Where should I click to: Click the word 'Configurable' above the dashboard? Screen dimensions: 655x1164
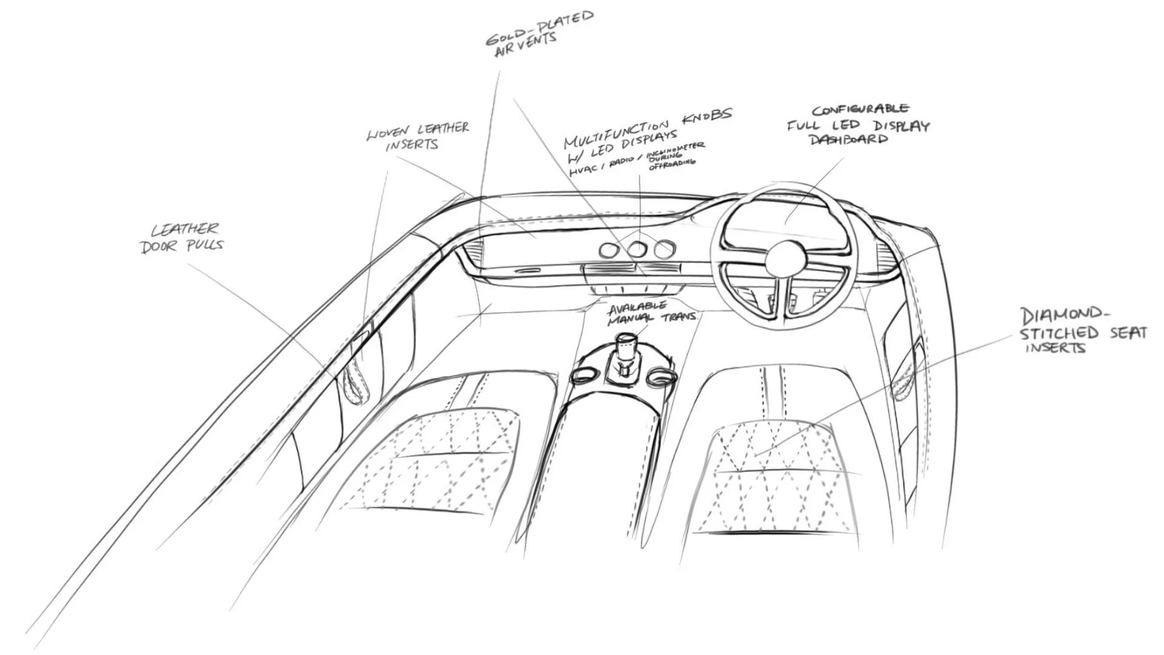click(860, 110)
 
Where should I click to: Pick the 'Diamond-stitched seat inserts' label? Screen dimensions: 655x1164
click(1082, 331)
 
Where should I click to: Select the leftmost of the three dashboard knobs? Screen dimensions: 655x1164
click(608, 250)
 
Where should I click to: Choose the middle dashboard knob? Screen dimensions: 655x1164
click(637, 249)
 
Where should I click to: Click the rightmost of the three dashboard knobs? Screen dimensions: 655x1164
click(664, 248)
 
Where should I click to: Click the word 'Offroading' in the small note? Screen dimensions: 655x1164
click(672, 164)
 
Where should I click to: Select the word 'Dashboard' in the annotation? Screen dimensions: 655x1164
click(849, 139)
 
